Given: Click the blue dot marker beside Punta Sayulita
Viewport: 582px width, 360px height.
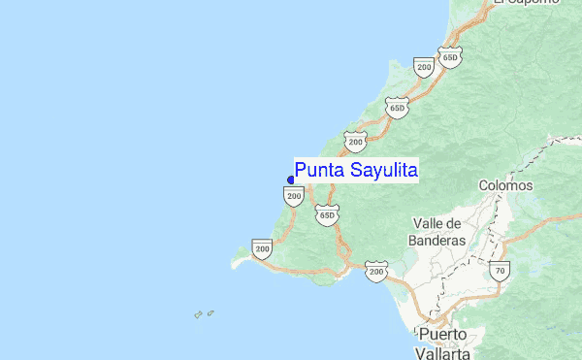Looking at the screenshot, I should pos(291,180).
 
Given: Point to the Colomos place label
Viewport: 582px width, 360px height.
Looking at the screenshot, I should pos(505,184).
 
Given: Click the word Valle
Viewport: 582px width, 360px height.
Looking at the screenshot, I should pos(431,222).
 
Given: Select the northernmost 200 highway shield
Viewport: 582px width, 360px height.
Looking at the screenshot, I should pos(423,66).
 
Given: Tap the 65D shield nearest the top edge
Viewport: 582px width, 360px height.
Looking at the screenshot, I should pos(449,57).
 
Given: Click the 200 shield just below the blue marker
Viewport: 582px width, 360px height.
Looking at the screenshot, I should pos(294,196).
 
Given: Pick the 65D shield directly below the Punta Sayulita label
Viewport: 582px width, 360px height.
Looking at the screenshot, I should pos(326,214).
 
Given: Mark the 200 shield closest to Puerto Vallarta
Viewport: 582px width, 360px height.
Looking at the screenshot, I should pos(376,271).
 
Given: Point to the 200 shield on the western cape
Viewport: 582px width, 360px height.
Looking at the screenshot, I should pos(262,248).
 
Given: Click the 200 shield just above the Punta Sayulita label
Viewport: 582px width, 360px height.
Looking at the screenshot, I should pos(355,142).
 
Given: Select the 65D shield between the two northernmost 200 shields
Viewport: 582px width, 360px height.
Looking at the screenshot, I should pos(396,106).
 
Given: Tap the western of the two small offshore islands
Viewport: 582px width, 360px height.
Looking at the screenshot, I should pos(198,314).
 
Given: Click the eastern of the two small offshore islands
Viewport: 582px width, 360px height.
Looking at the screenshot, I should pos(210,312).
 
